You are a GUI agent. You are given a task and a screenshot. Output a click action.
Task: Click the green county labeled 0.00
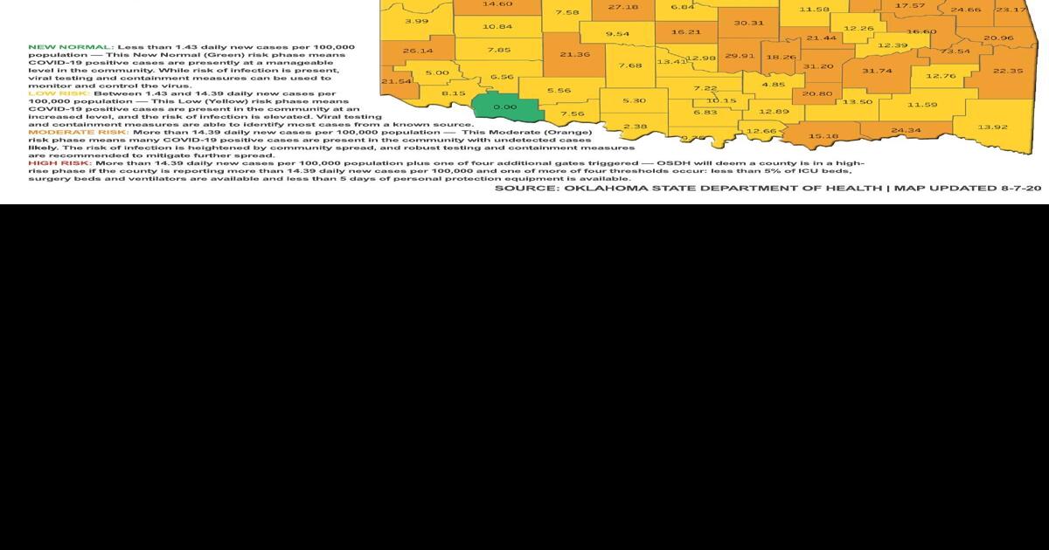(x=504, y=107)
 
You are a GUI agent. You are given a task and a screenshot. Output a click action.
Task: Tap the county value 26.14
(x=418, y=51)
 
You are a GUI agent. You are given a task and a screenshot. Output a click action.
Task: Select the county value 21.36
(x=574, y=54)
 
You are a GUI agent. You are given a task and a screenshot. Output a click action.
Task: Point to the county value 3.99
(x=417, y=21)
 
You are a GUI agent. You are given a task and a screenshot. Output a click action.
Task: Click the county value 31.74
(x=877, y=71)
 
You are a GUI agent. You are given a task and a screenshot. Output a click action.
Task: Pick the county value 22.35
(x=1008, y=71)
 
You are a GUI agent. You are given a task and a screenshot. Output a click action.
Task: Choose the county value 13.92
(x=993, y=127)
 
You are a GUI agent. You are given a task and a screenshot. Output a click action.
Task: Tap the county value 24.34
(x=906, y=131)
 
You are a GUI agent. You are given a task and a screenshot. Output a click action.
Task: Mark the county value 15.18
(x=823, y=136)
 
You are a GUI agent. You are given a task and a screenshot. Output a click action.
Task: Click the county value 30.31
(x=749, y=23)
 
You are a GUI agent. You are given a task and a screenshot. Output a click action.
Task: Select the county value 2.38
(x=636, y=127)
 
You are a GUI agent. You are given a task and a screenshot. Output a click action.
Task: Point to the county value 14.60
(x=497, y=4)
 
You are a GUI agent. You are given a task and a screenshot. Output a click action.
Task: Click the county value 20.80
(x=817, y=93)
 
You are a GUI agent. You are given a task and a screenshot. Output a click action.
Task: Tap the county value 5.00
(x=437, y=73)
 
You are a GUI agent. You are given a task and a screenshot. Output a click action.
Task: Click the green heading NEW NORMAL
(x=70, y=45)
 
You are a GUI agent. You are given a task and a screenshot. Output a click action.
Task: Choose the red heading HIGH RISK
(x=59, y=163)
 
